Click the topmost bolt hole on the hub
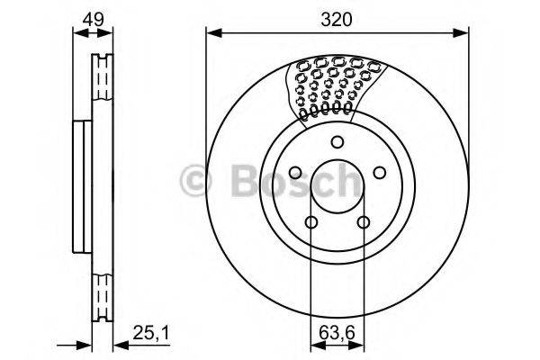tap(337, 141)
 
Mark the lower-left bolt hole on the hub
tap(311, 223)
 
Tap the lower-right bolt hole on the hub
tap(364, 223)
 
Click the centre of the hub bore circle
tap(337, 187)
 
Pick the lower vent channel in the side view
tap(102, 292)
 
